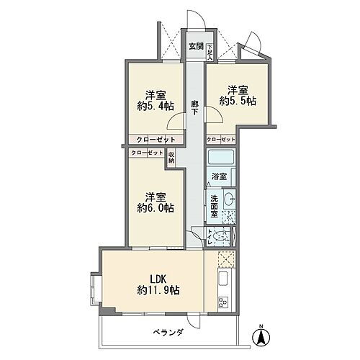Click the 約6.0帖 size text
point(156,208)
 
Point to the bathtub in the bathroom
point(223,157)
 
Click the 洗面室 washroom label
point(215,204)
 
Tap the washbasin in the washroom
point(229,199)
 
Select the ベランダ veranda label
point(167,332)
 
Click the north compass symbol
point(261,334)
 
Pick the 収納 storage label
point(171,158)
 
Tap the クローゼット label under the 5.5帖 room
point(220,139)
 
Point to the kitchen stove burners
point(222,301)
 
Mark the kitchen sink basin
point(222,278)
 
